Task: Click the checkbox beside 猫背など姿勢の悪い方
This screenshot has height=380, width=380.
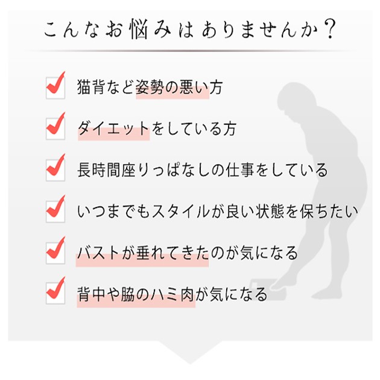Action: click(55, 88)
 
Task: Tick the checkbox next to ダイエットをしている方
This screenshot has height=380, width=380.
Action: click(55, 129)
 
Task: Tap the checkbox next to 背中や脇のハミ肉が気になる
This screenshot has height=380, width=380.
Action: click(55, 294)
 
